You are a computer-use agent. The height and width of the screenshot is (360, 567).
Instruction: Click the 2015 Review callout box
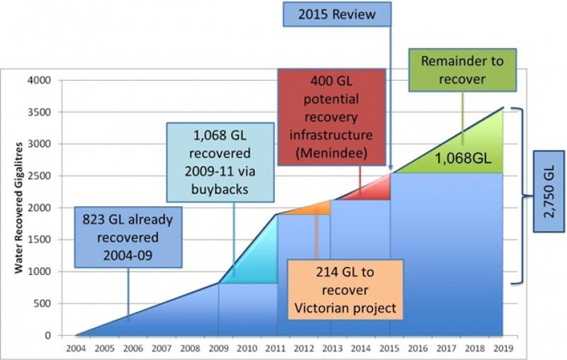pyautogui.click(x=337, y=14)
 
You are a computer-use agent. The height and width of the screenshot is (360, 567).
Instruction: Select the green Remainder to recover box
pyautogui.click(x=463, y=69)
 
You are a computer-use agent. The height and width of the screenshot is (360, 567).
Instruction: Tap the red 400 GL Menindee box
pyautogui.click(x=332, y=117)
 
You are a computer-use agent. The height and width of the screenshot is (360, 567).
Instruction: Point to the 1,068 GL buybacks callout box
pyautogui.click(x=220, y=162)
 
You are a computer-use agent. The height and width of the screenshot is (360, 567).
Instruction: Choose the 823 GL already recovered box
pyautogui.click(x=128, y=237)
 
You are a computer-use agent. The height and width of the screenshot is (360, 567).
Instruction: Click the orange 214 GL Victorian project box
pyautogui.click(x=345, y=290)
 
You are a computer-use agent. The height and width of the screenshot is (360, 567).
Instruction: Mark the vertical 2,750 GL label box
pyautogui.click(x=549, y=191)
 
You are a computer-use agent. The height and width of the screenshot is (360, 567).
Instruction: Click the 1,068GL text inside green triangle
pyautogui.click(x=463, y=158)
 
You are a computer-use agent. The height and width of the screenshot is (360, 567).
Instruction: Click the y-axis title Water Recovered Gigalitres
pyautogui.click(x=19, y=208)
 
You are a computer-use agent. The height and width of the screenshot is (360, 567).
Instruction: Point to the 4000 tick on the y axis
pyautogui.click(x=40, y=80)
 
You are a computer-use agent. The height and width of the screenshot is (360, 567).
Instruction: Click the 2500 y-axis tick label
pyautogui.click(x=40, y=176)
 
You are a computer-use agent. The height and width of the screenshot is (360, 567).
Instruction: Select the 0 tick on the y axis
pyautogui.click(x=47, y=335)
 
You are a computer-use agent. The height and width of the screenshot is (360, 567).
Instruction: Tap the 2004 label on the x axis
pyautogui.click(x=76, y=349)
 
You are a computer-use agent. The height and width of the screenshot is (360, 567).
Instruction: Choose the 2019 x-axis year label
pyautogui.click(x=503, y=349)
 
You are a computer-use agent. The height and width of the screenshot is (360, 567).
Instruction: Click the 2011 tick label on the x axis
pyautogui.click(x=276, y=349)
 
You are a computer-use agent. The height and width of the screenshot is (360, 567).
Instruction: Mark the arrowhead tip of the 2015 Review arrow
pyautogui.click(x=391, y=170)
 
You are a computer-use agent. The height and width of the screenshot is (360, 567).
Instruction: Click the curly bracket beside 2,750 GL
pyautogui.click(x=523, y=196)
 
